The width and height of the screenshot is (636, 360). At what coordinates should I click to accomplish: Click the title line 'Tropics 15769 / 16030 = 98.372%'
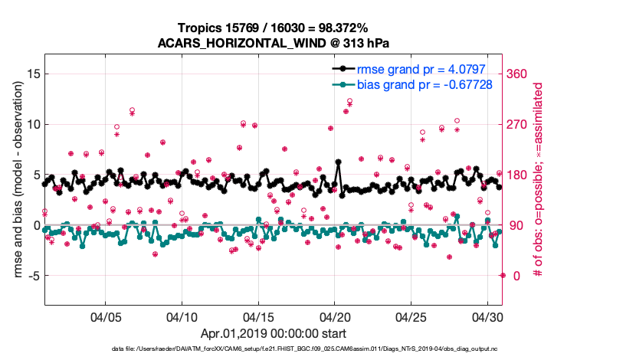[273, 28]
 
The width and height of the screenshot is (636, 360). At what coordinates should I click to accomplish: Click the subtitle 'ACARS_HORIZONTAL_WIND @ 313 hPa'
[273, 43]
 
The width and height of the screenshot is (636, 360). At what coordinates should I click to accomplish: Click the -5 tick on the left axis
[31, 276]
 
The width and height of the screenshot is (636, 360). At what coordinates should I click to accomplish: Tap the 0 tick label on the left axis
[34, 225]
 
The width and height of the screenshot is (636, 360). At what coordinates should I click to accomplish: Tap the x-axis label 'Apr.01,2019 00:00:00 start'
[273, 334]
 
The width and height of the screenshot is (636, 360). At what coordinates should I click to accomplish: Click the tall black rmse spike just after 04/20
[338, 162]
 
